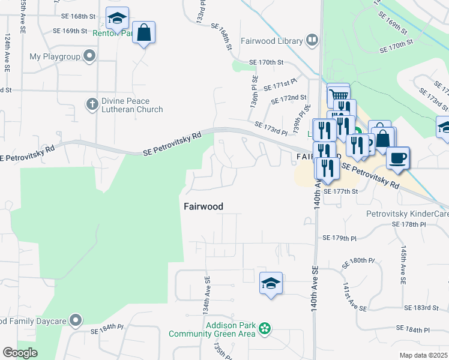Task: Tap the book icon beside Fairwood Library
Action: click(312, 41)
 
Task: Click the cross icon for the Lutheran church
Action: click(92, 104)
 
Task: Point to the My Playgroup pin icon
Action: click(90, 57)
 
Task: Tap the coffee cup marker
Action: click(397, 158)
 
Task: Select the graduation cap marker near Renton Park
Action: click(117, 19)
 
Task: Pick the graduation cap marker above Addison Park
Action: click(271, 284)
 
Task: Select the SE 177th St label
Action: click(340, 191)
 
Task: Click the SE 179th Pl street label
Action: click(340, 238)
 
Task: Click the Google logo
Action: click(20, 353)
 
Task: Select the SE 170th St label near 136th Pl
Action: click(266, 62)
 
